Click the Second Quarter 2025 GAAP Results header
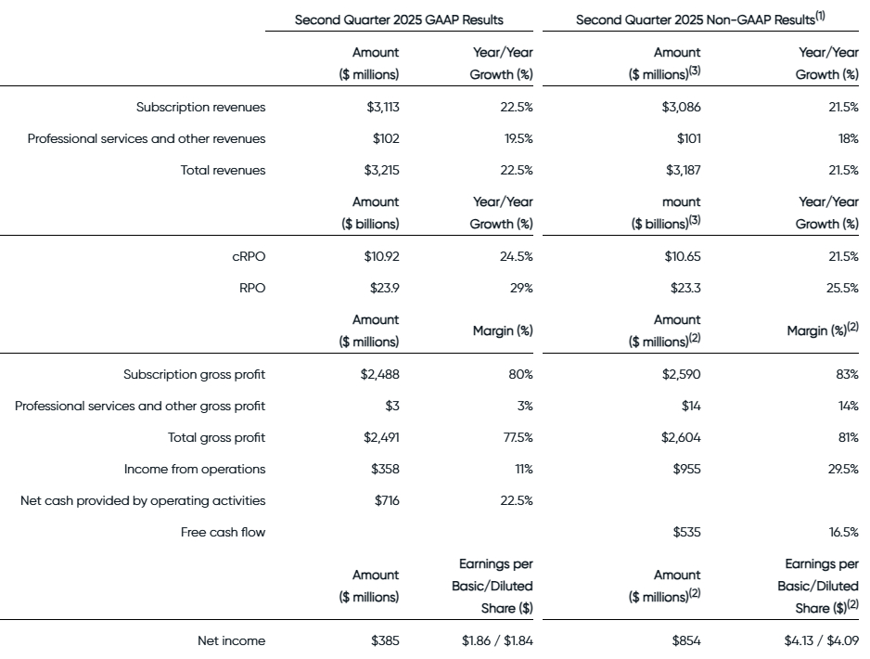click(x=399, y=20)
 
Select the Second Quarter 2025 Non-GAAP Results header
click(x=700, y=19)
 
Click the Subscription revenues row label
click(x=201, y=107)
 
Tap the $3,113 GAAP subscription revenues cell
click(x=383, y=107)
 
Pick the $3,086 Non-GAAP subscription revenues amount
click(x=681, y=107)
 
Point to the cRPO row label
click(x=249, y=256)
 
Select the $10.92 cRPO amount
click(x=382, y=256)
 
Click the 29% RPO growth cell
click(x=521, y=288)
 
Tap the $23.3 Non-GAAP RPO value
click(x=685, y=288)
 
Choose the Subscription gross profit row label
click(x=194, y=375)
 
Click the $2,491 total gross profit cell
click(x=381, y=437)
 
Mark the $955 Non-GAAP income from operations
click(x=687, y=469)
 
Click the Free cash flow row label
click(x=223, y=533)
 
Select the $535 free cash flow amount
click(x=687, y=533)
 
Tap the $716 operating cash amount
click(x=387, y=501)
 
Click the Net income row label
click(x=231, y=640)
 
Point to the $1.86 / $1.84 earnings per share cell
click(x=497, y=640)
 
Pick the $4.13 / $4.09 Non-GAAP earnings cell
click(x=822, y=640)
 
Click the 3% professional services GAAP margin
click(x=525, y=407)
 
